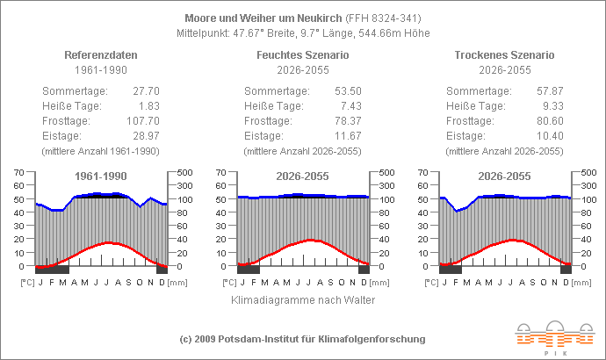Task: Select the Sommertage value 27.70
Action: point(145,90)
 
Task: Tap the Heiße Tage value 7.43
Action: point(350,105)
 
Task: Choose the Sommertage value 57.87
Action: point(549,90)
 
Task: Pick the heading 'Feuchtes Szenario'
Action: point(302,54)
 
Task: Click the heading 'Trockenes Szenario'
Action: point(504,54)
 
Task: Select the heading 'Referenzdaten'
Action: point(101,54)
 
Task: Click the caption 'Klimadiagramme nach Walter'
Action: point(302,300)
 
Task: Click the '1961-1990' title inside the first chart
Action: point(101,176)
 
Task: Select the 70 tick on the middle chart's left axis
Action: point(220,172)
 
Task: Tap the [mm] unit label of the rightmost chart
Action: point(582,283)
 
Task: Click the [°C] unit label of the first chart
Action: point(28,283)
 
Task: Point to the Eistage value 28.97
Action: point(145,135)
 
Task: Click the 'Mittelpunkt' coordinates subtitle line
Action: point(302,33)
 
